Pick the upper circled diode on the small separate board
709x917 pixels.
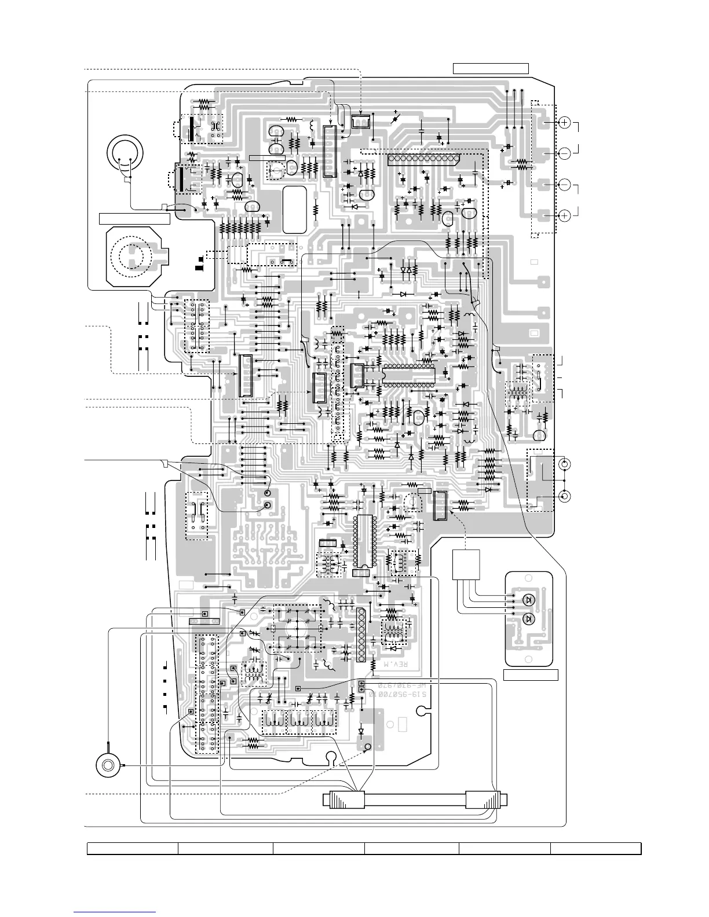[x=528, y=600]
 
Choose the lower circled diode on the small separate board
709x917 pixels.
[x=528, y=619]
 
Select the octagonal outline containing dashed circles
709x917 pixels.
[x=134, y=256]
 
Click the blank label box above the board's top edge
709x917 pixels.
[x=491, y=69]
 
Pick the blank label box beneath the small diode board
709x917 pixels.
[x=531, y=674]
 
